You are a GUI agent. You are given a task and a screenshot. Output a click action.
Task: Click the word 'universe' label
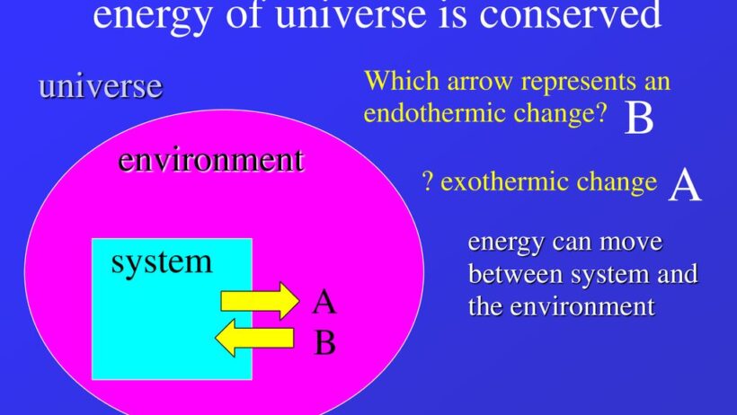point(101,86)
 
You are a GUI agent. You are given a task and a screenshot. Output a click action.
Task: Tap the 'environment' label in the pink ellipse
point(211,160)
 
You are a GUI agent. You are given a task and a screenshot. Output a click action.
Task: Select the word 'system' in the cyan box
point(162,262)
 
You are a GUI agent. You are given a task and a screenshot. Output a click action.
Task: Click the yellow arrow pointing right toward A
point(260,300)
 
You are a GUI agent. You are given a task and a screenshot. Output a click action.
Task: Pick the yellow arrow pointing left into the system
point(254,338)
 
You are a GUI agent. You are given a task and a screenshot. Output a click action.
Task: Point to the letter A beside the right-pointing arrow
point(324,302)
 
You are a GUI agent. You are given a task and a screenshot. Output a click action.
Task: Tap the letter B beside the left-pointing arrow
point(324,342)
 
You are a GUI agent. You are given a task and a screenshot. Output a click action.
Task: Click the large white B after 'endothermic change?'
point(639,118)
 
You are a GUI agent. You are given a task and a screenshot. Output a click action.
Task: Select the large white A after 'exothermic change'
point(685,186)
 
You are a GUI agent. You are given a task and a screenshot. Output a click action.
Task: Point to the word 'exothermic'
point(503,181)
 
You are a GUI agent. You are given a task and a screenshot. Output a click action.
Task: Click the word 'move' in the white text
point(631,243)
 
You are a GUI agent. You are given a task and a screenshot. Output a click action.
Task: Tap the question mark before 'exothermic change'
point(427,181)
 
